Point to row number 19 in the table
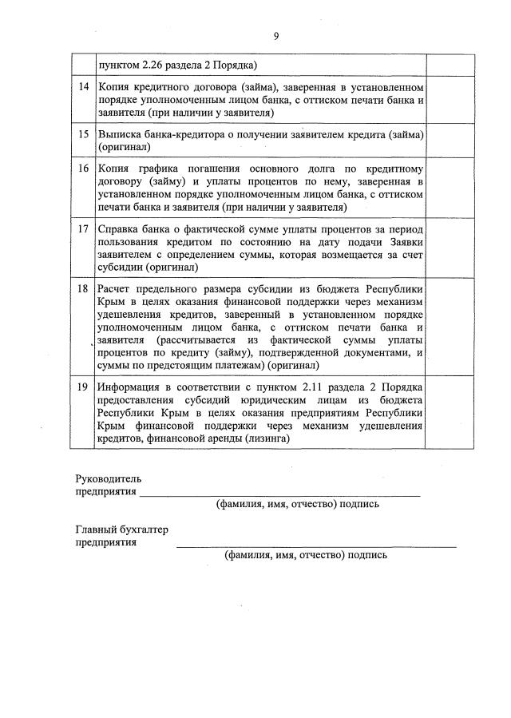[x=83, y=387]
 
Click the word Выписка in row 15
[x=119, y=134]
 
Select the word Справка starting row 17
[x=121, y=230]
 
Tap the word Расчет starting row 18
[x=116, y=288]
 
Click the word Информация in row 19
[x=133, y=387]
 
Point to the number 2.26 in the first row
[x=159, y=65]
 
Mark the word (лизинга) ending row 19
[x=268, y=438]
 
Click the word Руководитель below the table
[x=108, y=478]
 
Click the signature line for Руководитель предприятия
[x=279, y=495]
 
